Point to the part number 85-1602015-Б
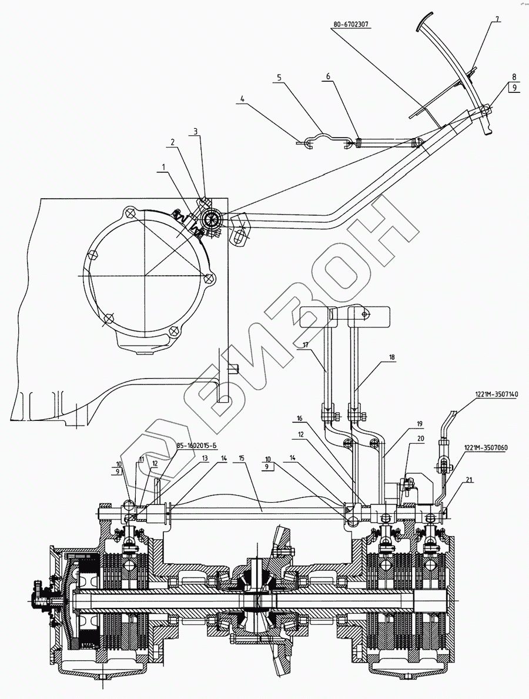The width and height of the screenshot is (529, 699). [195, 445]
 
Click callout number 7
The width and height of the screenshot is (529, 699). [497, 19]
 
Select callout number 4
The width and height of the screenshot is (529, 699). [241, 99]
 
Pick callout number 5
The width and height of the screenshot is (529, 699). [279, 77]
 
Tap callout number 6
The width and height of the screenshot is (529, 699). [328, 77]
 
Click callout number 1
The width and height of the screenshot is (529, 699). [159, 168]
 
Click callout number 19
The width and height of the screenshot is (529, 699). [419, 423]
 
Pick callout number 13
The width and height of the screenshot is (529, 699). [204, 457]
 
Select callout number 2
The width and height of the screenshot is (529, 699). [172, 142]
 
